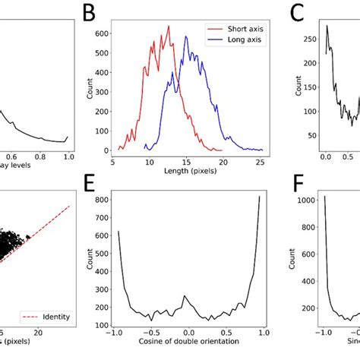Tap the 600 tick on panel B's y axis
click(x=99, y=33)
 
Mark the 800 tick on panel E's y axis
click(x=99, y=199)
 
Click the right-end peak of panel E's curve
click(x=259, y=197)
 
